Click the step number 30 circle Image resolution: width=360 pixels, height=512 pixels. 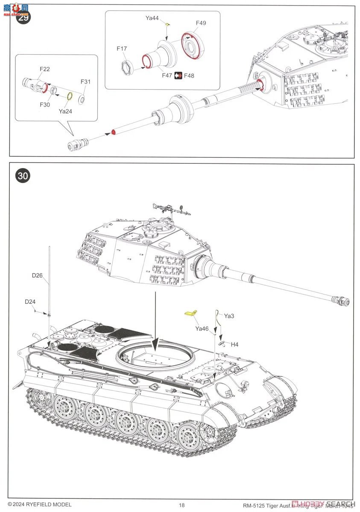click(x=23, y=176)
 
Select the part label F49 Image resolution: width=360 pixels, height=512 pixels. click(x=201, y=23)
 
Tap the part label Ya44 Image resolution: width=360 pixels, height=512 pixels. click(x=152, y=18)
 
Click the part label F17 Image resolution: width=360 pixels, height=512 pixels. click(x=122, y=49)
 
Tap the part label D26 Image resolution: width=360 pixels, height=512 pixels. click(x=37, y=275)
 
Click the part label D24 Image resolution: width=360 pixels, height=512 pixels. click(x=30, y=302)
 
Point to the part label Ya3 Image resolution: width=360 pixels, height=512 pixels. click(x=229, y=316)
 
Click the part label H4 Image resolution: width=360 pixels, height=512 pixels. click(x=234, y=344)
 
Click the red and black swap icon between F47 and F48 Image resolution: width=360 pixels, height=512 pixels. click(x=178, y=76)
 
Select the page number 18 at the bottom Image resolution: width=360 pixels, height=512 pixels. click(x=182, y=505)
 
